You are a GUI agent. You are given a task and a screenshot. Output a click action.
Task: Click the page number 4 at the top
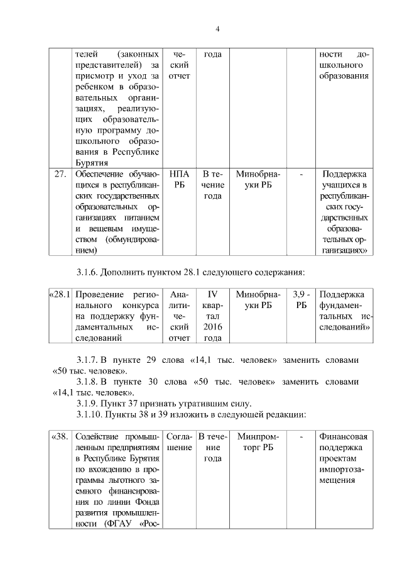pyautogui.click(x=217, y=29)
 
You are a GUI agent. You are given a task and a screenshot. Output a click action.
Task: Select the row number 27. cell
pyautogui.click(x=60, y=174)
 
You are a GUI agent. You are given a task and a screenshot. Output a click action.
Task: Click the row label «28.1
pyautogui.click(x=60, y=294)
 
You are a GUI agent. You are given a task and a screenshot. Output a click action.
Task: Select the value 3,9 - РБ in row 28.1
pyautogui.click(x=301, y=300)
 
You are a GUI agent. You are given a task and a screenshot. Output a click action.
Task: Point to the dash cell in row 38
pyautogui.click(x=301, y=436)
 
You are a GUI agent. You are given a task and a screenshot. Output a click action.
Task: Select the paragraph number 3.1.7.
pyautogui.click(x=88, y=360)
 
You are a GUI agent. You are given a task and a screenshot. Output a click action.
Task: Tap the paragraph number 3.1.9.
pyautogui.click(x=88, y=402)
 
